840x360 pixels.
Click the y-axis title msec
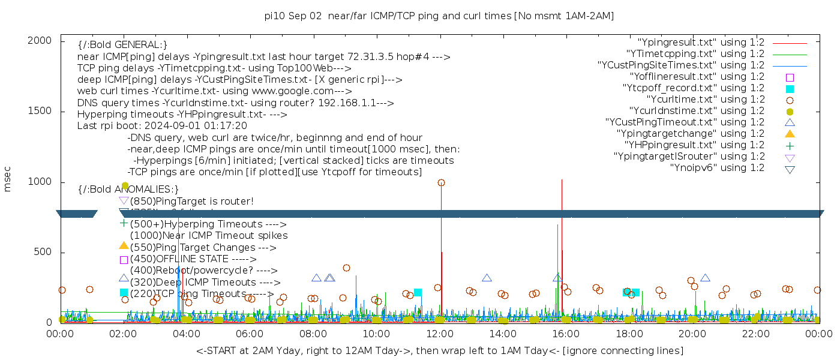(x=8, y=181)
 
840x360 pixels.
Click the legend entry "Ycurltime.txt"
(x=705, y=100)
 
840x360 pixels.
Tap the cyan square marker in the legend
(x=790, y=88)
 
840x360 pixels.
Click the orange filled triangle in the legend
(x=790, y=134)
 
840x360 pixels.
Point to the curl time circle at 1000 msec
(x=441, y=182)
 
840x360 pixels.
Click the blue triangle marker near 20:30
(x=705, y=278)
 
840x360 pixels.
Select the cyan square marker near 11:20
(x=418, y=292)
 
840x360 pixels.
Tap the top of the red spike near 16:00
(x=562, y=179)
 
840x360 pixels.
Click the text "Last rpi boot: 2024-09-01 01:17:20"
(x=162, y=126)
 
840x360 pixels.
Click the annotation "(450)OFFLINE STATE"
(x=188, y=259)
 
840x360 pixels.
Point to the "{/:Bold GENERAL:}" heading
(x=122, y=45)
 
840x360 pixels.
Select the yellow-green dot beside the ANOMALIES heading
(x=125, y=186)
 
